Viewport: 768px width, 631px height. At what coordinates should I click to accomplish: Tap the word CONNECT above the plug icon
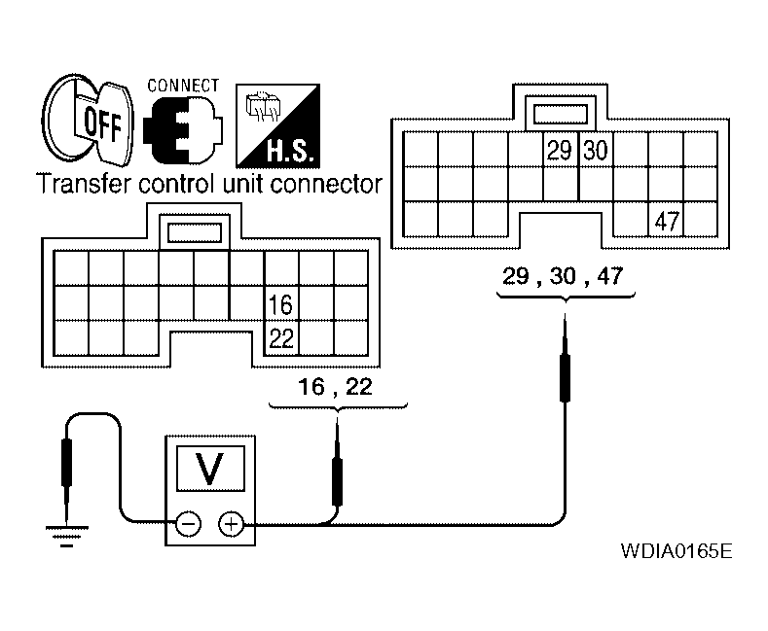[183, 86]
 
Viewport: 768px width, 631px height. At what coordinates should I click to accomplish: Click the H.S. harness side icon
[277, 123]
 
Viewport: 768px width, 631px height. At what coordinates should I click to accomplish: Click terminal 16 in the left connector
[281, 303]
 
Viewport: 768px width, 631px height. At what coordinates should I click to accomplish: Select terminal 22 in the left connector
[281, 337]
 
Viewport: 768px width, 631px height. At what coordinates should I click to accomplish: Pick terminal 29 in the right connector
[560, 151]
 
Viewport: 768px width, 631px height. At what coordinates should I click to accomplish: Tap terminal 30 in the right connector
[595, 151]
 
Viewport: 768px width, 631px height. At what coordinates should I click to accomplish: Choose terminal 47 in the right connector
[666, 221]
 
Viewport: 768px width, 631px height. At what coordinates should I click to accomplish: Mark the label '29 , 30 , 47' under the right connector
[563, 276]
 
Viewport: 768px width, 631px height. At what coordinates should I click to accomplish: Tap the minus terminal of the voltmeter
[189, 525]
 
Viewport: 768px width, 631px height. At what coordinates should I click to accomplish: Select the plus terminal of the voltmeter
[231, 525]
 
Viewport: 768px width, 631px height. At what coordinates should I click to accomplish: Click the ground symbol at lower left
[65, 534]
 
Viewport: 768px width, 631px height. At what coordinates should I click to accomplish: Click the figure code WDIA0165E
[676, 552]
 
